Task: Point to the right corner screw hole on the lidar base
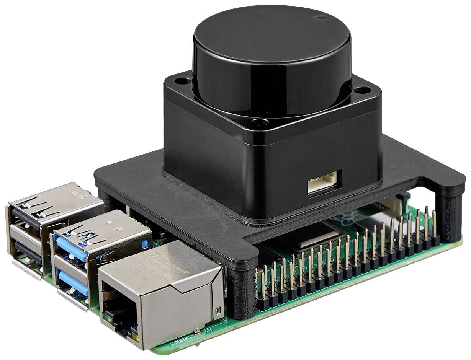point(359,91)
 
